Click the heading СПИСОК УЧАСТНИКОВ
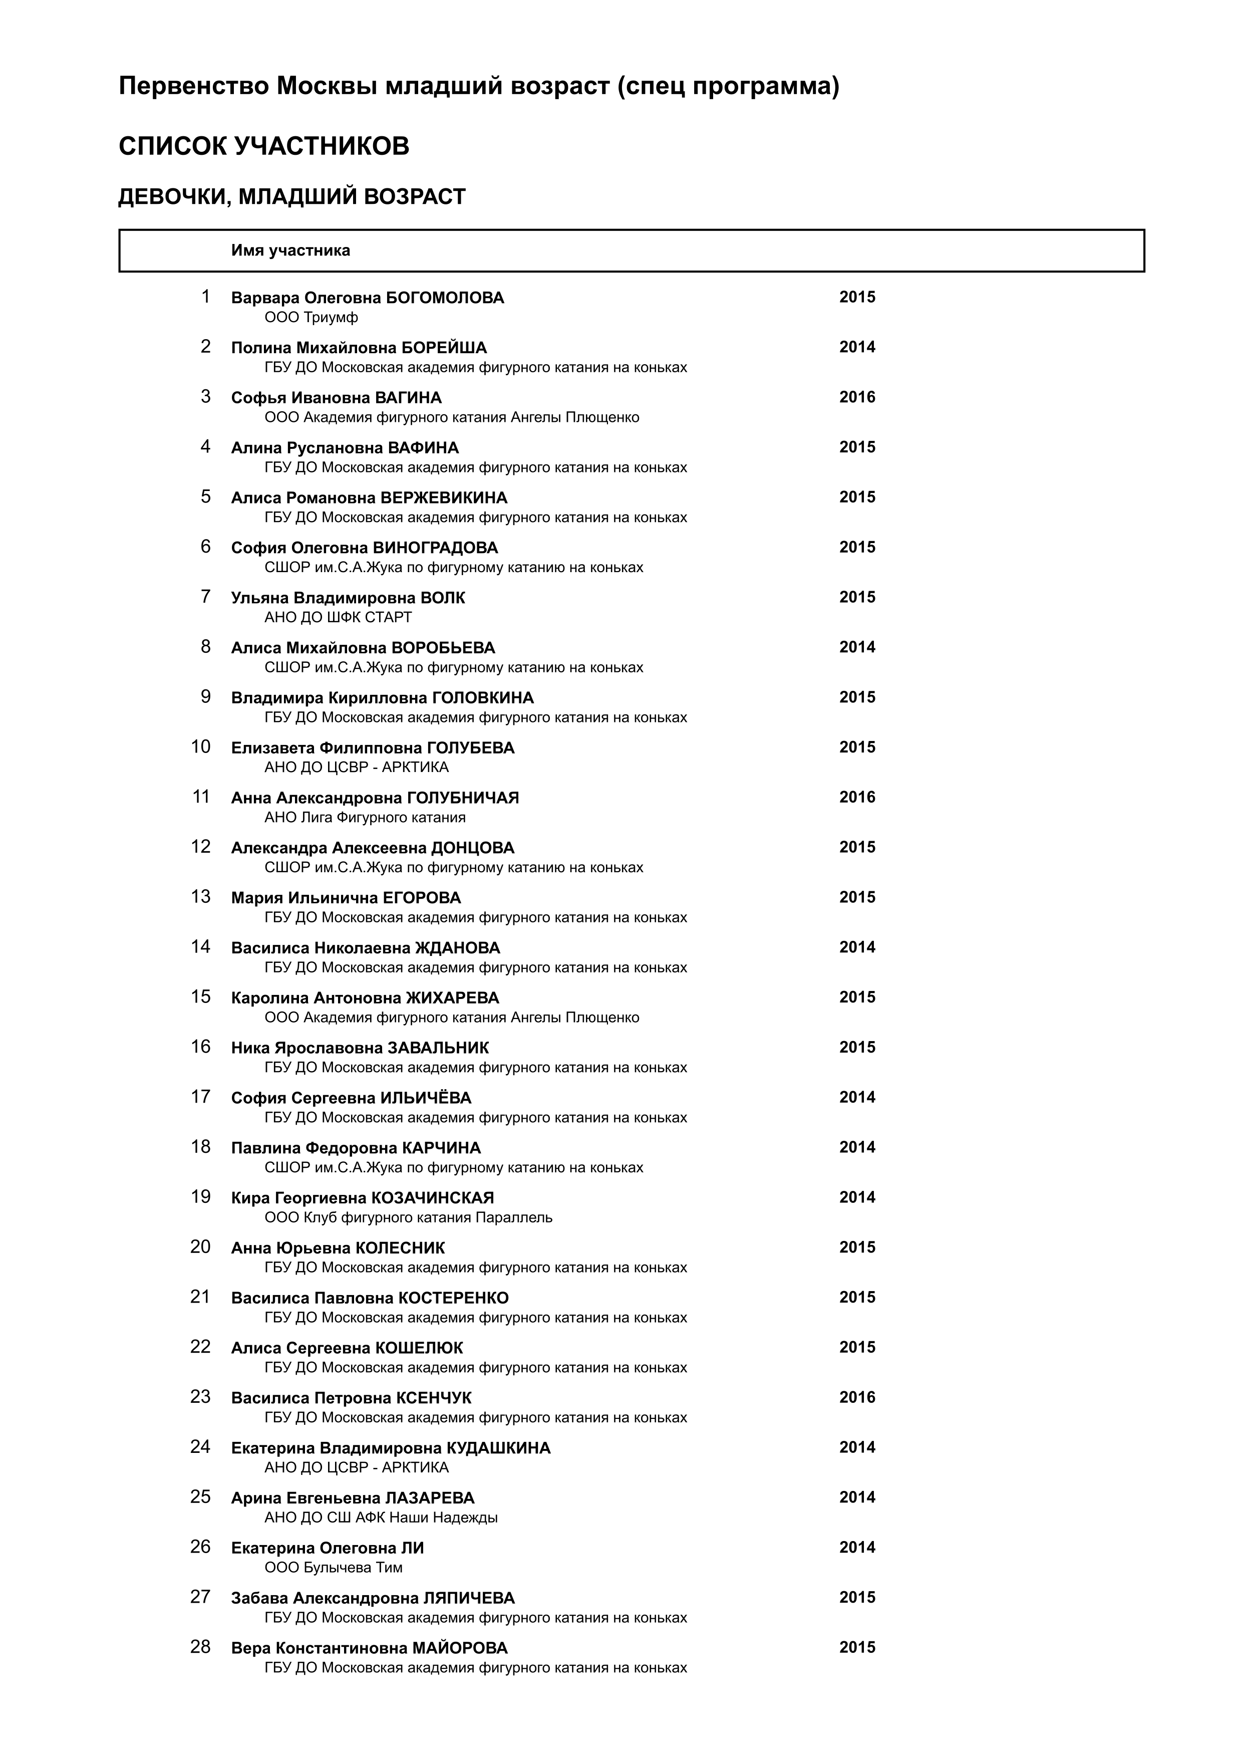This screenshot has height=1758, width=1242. (263, 146)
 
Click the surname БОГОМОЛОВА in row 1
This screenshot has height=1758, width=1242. (445, 298)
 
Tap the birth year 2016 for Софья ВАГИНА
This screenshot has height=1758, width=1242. (856, 397)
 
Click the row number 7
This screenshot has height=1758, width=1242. (205, 597)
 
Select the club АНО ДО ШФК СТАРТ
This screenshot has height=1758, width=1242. (338, 617)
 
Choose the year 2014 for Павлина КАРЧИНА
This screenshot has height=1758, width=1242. (856, 1147)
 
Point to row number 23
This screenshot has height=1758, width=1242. (200, 1397)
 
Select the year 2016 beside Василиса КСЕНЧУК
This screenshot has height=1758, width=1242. (856, 1397)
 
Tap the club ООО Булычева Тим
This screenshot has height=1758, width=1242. (333, 1567)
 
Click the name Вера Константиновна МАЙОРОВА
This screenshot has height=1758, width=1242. (369, 1648)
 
